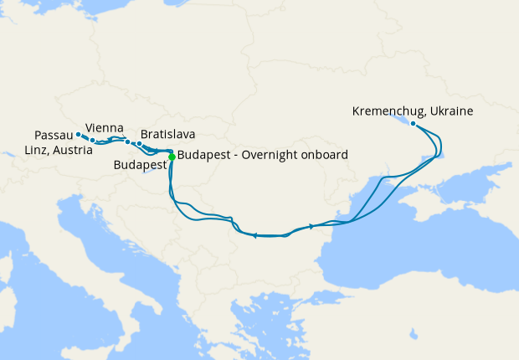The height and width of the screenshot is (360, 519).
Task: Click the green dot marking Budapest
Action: [172, 157]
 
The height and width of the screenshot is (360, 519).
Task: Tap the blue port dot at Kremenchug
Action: [414, 124]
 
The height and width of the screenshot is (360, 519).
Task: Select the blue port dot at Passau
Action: [78, 134]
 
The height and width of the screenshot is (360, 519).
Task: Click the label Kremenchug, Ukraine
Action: [414, 111]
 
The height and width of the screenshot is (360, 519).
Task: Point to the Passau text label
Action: [54, 135]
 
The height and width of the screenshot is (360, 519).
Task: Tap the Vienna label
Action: [105, 127]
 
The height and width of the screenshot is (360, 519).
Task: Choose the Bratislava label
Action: [169, 134]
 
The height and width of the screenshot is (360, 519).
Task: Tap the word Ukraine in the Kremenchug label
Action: [453, 111]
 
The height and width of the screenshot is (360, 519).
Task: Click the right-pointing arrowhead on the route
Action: [311, 226]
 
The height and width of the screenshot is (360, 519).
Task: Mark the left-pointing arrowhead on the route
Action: [254, 235]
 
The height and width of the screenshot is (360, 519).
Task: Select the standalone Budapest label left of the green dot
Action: [140, 165]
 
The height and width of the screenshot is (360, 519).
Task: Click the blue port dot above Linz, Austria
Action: [92, 140]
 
